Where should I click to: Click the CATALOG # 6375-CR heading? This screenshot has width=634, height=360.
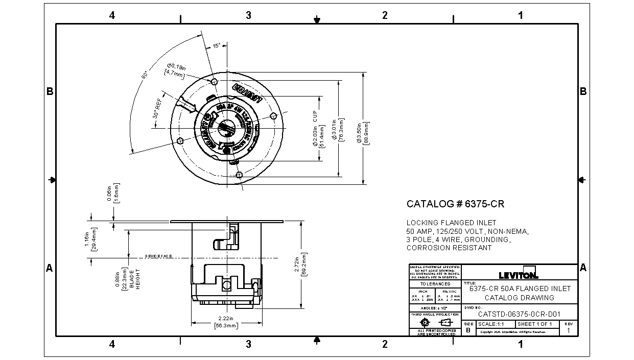[455, 204]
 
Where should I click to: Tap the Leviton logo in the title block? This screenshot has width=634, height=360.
[519, 274]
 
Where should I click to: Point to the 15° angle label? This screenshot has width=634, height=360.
[217, 46]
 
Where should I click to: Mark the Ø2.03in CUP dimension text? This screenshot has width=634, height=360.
[318, 129]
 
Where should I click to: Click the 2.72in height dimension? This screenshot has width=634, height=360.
[301, 264]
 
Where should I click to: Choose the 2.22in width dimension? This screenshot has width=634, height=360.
[225, 322]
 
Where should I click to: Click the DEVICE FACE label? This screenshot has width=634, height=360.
[159, 256]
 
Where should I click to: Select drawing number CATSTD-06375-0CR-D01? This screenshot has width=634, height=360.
[520, 315]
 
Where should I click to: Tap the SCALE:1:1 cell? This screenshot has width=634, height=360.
[495, 324]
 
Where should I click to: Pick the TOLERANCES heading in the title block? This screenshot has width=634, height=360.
[435, 284]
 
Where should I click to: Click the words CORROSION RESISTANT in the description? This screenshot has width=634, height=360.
[449, 248]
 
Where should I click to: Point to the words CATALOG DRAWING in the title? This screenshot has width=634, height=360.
[519, 297]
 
